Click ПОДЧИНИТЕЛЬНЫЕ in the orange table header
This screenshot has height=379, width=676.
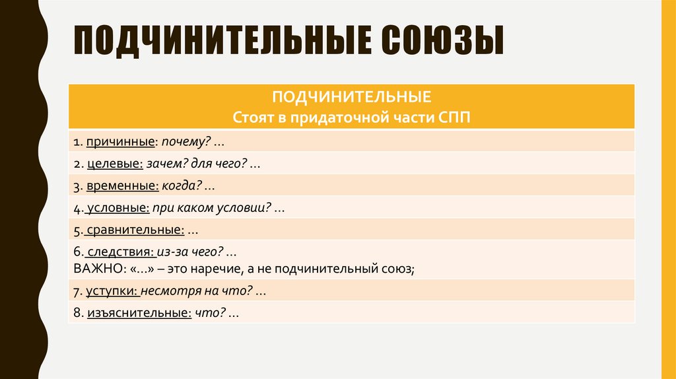(x=352, y=98)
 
